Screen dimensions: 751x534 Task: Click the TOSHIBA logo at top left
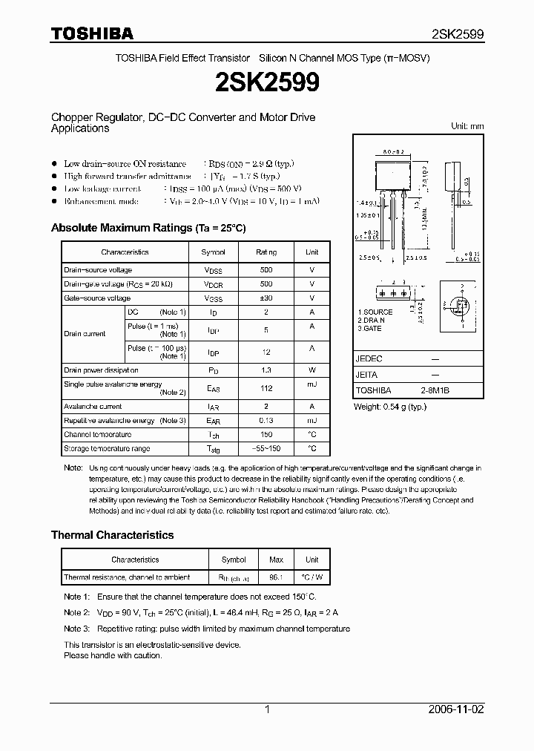pos(92,33)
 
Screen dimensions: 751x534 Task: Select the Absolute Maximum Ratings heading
pos(148,228)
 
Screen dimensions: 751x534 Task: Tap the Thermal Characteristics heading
pos(112,534)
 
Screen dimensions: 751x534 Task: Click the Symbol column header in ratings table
pos(214,252)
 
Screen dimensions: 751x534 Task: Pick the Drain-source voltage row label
pos(98,270)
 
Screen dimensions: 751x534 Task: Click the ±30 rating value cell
pos(266,298)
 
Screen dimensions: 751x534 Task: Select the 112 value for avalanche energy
pos(266,388)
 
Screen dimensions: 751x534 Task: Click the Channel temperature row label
pos(97,435)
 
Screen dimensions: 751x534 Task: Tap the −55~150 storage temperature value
pos(266,449)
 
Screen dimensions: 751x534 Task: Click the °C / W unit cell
pos(311,577)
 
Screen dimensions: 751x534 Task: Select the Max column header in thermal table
pos(276,560)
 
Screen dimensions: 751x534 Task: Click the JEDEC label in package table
pos(369,358)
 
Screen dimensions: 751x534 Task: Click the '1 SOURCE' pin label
pos(375,312)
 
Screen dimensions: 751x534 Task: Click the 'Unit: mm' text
pos(467,126)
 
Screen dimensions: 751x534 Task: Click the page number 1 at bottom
pos(267,709)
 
